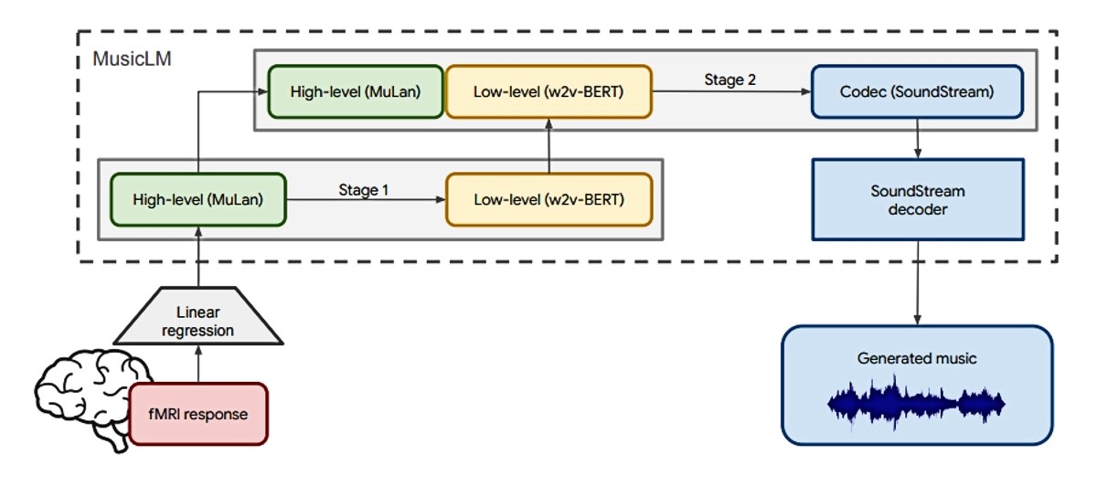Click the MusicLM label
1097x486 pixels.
(133, 58)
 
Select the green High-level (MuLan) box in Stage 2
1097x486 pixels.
(356, 91)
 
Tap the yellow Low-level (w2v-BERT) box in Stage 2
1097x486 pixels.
(548, 91)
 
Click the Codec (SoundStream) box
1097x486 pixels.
(917, 91)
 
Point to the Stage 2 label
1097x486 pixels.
(730, 79)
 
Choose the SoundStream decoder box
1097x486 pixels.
(918, 199)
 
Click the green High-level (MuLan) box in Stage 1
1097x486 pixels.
(197, 199)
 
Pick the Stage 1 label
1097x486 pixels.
(364, 190)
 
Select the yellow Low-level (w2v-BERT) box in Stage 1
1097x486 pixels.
(549, 199)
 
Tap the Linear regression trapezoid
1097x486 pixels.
(197, 316)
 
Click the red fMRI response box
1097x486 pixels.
(197, 414)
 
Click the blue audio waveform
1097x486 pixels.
(916, 404)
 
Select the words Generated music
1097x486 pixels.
(917, 358)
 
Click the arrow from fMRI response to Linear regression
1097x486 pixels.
(198, 364)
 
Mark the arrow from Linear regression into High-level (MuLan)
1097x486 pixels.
(198, 257)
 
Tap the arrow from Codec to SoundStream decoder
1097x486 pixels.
(918, 139)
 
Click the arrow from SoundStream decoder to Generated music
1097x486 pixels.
(918, 282)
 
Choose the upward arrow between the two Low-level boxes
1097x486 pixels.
(549, 146)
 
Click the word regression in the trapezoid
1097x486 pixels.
(197, 331)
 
